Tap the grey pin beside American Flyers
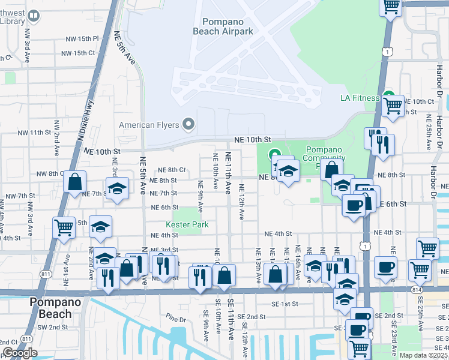click(x=189, y=125)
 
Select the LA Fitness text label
click(x=360, y=98)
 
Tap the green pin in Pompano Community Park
click(x=275, y=154)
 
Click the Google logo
click(x=20, y=353)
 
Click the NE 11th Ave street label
click(x=228, y=172)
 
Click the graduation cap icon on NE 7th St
click(x=117, y=187)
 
